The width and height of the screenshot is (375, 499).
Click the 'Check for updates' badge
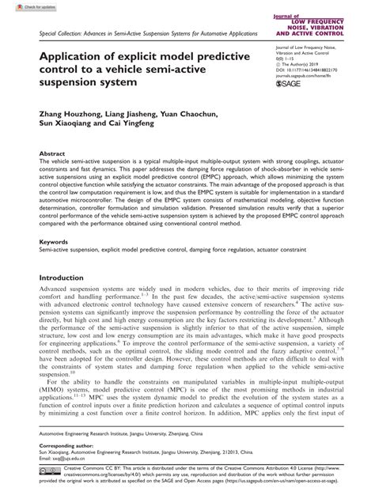pos(21,6)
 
